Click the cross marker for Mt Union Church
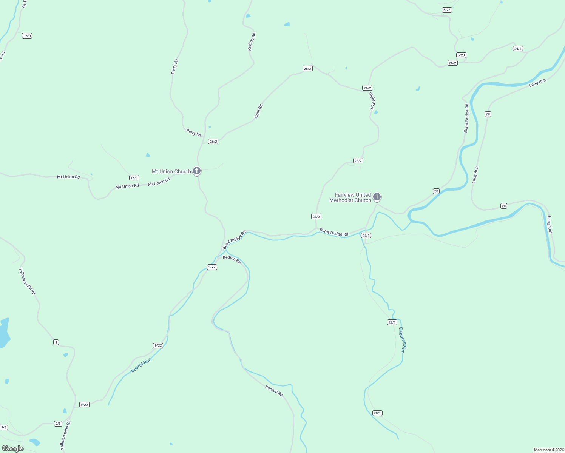pos(196,171)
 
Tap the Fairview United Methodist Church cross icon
pos(377,197)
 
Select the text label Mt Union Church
pos(171,171)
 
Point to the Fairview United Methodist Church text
pos(350,197)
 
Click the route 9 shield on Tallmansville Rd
pos(56,342)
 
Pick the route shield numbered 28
pos(436,191)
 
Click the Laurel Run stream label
pos(141,365)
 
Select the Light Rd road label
pos(258,111)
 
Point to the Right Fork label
pos(372,101)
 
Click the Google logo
pos(12,448)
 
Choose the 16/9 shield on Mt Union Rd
pos(134,177)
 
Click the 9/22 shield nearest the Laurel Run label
pos(158,345)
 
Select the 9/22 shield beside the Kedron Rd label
pos(212,267)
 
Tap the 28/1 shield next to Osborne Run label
pos(392,322)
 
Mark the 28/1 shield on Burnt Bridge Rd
pos(366,235)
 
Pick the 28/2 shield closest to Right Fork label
pos(358,161)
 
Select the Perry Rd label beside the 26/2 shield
pos(194,133)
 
